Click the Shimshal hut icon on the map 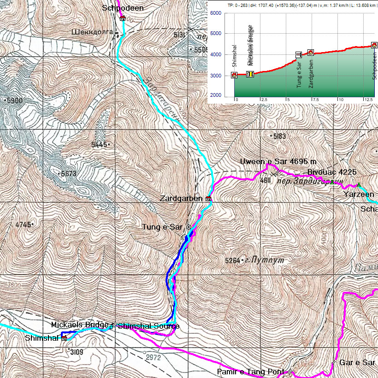(x=64, y=338)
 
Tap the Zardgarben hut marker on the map (x=208, y=199)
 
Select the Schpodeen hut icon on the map (x=122, y=18)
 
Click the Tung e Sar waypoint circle (x=189, y=227)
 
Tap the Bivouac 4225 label (x=332, y=172)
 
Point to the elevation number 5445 (x=99, y=145)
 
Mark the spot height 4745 (x=23, y=225)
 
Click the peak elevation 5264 (x=233, y=261)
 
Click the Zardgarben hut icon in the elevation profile (x=311, y=53)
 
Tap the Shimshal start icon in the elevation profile (x=234, y=75)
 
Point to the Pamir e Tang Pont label (x=252, y=371)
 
